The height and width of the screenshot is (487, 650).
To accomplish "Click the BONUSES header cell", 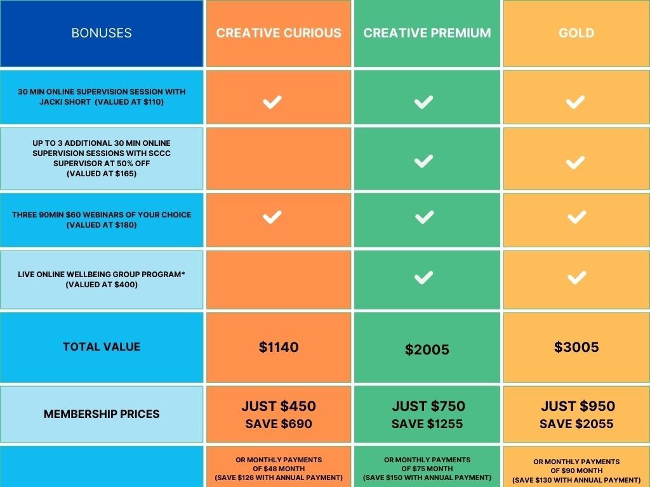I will (102, 33).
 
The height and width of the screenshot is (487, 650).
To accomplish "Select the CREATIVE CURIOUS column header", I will (279, 33).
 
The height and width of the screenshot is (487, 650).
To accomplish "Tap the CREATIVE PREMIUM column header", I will (427, 33).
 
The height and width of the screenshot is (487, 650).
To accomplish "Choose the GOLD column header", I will (576, 33).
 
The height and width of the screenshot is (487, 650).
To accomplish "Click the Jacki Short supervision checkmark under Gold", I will (576, 102).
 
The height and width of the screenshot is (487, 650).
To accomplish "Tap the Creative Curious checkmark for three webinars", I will (272, 218).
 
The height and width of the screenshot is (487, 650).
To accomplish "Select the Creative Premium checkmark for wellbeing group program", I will (423, 277).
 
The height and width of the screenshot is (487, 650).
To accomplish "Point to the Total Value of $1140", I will (279, 347).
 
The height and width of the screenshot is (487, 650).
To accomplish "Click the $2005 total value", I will (427, 349).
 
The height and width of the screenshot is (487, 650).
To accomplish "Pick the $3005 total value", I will (576, 347).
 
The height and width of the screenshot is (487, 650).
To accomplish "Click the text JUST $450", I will (279, 406).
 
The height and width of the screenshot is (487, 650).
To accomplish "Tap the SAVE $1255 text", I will (427, 424).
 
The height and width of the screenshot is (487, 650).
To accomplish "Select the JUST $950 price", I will (578, 406).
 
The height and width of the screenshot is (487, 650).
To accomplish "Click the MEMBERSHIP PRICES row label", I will (102, 414).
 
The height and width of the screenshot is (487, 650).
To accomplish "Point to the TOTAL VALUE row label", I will (102, 347).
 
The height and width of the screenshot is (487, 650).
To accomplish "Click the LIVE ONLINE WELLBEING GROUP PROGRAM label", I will (102, 274).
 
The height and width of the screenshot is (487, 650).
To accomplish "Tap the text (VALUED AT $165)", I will (102, 173).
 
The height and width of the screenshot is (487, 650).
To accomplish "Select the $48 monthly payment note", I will (279, 469).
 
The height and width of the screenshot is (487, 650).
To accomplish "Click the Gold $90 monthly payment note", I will (576, 471).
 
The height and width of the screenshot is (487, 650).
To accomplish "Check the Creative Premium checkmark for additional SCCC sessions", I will (423, 161).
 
